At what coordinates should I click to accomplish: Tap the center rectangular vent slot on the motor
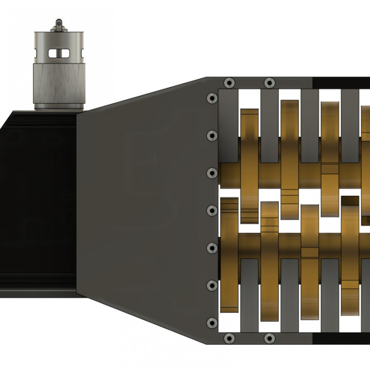click(59, 53)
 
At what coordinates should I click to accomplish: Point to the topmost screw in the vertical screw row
click(211, 98)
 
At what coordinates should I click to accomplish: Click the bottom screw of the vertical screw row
click(211, 323)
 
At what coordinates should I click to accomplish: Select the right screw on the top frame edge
click(269, 83)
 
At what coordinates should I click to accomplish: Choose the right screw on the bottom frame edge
click(269, 338)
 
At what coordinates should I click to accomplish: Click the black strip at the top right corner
click(341, 82)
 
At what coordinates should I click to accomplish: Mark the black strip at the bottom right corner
click(341, 339)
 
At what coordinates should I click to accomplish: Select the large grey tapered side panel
click(144, 206)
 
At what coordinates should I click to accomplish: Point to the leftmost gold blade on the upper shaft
click(249, 164)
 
